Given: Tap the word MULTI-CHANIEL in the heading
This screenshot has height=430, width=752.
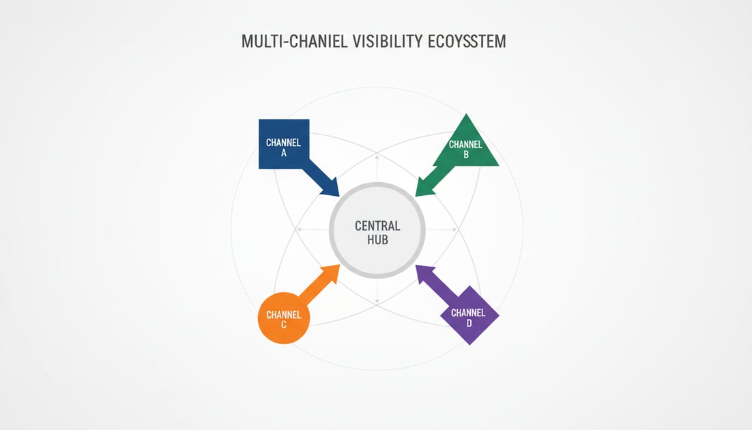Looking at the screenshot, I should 296,42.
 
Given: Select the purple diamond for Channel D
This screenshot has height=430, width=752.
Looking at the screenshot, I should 469,316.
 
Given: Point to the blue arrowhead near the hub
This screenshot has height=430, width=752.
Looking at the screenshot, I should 332,188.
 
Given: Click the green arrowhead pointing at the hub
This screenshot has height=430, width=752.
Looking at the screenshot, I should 424,188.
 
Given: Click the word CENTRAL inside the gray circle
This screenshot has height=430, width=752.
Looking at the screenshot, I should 377,226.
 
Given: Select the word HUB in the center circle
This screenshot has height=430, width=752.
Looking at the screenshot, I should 377,240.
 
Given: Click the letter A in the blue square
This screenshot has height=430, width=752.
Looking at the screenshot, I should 284,154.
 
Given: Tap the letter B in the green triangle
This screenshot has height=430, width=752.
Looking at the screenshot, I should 466,155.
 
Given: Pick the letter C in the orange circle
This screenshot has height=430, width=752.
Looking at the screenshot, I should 283,325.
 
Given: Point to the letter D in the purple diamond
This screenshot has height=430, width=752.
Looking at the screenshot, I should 469,323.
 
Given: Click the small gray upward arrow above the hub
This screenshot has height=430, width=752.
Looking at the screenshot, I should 377,158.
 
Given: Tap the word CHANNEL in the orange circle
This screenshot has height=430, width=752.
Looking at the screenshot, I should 283,315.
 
